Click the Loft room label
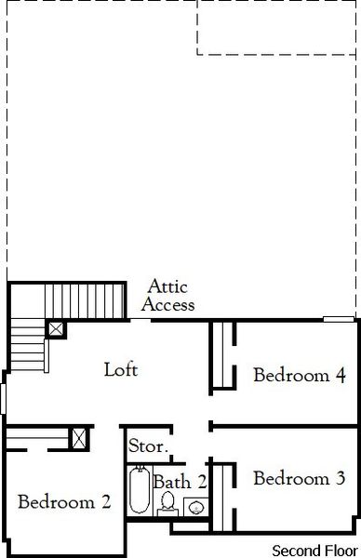pos(121,369)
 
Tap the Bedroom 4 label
pos(300,376)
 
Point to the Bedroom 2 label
pos(64,502)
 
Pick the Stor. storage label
pos(148,446)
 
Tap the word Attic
pos(167,288)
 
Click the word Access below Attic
pos(168,304)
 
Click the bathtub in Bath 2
pos(140,490)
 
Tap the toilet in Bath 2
pos(168,503)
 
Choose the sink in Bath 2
pos(196,508)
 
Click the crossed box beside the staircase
pos(56,328)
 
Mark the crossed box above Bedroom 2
pos(79,438)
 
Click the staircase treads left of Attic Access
pos(84,299)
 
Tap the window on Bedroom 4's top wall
pos(337,320)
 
